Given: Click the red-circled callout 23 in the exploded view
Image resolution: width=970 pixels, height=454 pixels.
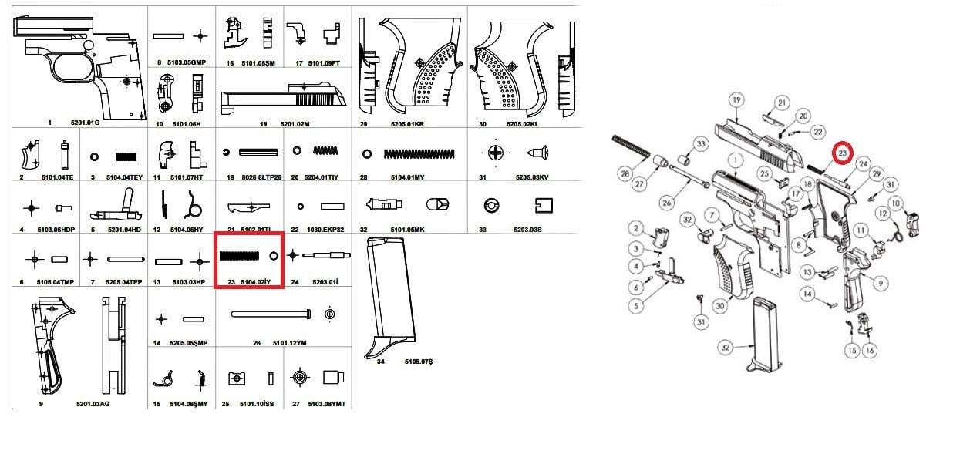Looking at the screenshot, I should (843, 153).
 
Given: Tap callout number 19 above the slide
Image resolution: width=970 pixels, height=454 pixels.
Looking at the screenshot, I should (736, 100).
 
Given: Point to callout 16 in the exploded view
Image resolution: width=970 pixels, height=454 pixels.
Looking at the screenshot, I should (870, 351).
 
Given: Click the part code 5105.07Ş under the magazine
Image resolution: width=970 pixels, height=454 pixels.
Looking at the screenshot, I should (419, 361).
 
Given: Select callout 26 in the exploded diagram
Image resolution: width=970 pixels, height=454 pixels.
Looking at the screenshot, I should (667, 202).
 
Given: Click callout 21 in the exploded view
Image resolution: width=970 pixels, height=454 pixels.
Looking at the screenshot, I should (781, 103).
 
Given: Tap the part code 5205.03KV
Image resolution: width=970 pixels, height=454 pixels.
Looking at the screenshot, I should (531, 177).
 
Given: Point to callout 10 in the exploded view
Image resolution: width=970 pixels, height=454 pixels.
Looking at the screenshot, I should (894, 203).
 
